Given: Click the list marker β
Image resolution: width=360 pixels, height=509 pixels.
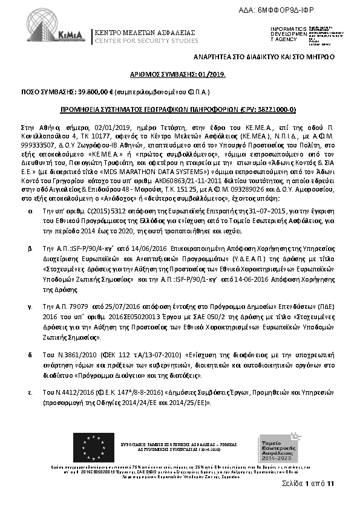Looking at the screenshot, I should (x=30, y=248).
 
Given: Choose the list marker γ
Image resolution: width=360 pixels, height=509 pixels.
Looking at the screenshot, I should (x=30, y=307).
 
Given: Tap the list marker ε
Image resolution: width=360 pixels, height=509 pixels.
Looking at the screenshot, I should (x=30, y=394).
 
